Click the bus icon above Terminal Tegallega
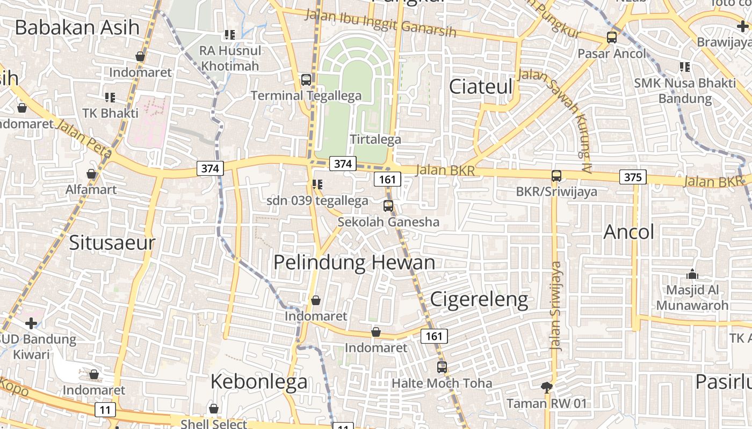coord(306,79)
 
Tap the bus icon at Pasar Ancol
coord(611,38)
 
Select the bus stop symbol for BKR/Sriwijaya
coord(556,175)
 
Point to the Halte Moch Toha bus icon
coord(442,367)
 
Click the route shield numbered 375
coord(633,176)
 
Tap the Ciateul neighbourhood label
coord(481,86)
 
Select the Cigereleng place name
coord(479,299)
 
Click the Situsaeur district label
coord(112,242)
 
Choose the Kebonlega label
coord(259,381)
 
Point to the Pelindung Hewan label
coord(354,262)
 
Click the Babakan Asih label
coord(77,27)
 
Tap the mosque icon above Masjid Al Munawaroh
coord(692,275)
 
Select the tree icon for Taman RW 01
coord(546,387)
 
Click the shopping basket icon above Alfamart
coord(91,174)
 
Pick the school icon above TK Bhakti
coord(110,97)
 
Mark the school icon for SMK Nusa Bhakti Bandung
coord(684,67)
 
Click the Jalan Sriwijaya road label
coord(556,306)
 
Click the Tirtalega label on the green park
coord(375,139)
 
